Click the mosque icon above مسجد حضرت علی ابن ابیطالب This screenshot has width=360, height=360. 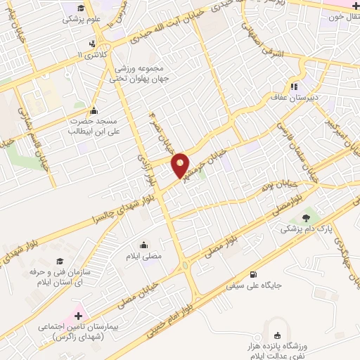click(94, 110)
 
